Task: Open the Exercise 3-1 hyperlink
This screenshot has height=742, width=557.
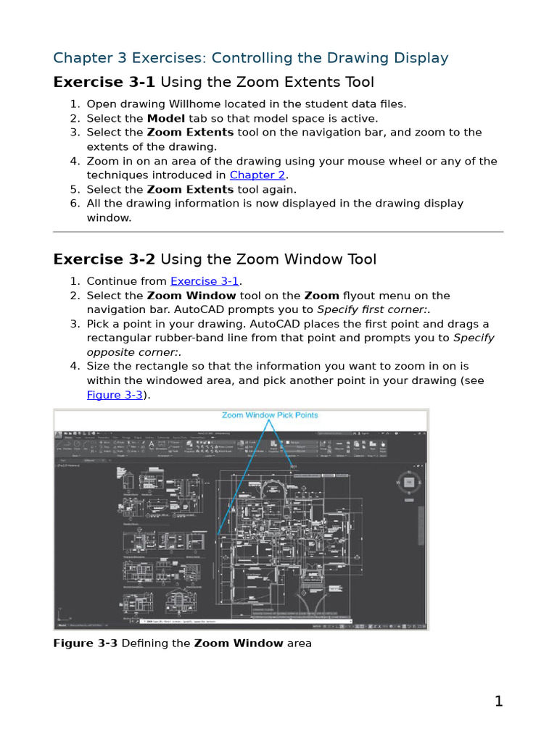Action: pos(205,281)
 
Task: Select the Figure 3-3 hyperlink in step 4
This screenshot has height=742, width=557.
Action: pos(114,395)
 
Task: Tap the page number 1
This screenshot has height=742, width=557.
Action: pos(498,701)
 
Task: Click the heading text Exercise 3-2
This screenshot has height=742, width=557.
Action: pos(104,259)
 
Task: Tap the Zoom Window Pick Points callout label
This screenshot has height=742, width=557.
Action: pos(270,415)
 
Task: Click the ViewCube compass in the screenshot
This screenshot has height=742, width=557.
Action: pos(408,482)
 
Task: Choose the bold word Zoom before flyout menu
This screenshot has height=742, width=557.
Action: pos(321,296)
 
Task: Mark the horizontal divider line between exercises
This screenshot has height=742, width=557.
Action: pos(278,232)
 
